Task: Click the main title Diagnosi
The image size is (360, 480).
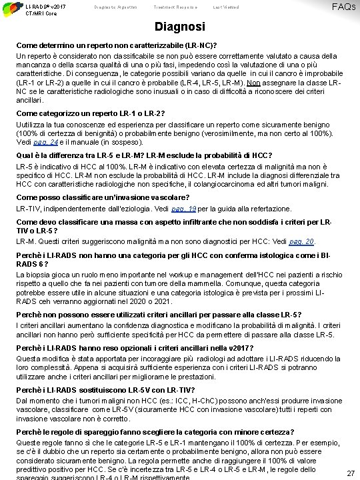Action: point(179,29)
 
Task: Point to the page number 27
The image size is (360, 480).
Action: point(350,472)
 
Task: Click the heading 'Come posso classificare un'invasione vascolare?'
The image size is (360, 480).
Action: point(103,198)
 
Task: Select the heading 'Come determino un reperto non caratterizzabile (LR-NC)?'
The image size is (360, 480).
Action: point(119,44)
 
